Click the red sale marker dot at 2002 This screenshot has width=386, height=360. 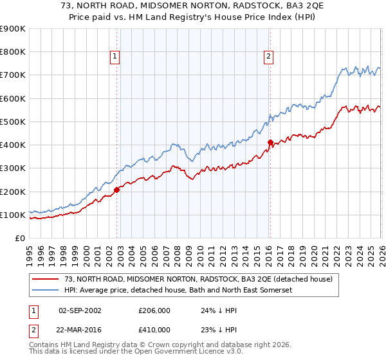click(x=116, y=190)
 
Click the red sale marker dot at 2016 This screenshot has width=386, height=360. click(x=270, y=143)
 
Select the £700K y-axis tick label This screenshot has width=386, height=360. click(x=13, y=75)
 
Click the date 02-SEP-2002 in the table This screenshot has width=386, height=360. click(x=80, y=310)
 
